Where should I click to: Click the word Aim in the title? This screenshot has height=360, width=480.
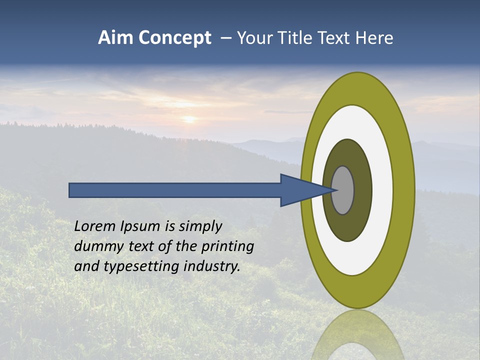click(116, 38)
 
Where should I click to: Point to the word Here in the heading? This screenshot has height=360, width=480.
click(374, 38)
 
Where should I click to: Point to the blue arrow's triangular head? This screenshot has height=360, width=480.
click(300, 190)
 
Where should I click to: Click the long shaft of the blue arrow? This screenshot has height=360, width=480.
click(175, 190)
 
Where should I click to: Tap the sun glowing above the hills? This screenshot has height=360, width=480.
click(189, 119)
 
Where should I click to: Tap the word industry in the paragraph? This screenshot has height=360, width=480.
click(212, 267)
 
